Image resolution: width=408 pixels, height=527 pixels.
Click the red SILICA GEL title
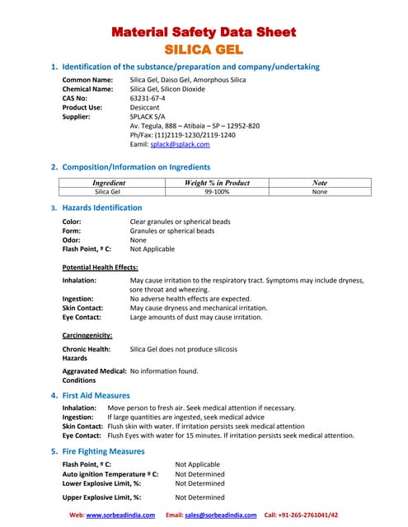click(x=204, y=49)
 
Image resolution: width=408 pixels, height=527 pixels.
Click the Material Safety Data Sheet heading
click(x=204, y=33)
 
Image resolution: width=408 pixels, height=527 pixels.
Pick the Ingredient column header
click(x=109, y=183)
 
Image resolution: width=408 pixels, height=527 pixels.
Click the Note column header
click(x=321, y=183)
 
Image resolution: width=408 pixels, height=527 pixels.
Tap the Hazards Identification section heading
click(x=102, y=208)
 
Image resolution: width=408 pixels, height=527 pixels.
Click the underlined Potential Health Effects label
click(x=101, y=268)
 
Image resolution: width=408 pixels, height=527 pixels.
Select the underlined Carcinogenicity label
click(x=91, y=335)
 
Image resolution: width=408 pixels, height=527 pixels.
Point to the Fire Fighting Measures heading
click(x=103, y=451)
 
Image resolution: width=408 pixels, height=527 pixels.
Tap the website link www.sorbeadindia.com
click(x=120, y=515)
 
